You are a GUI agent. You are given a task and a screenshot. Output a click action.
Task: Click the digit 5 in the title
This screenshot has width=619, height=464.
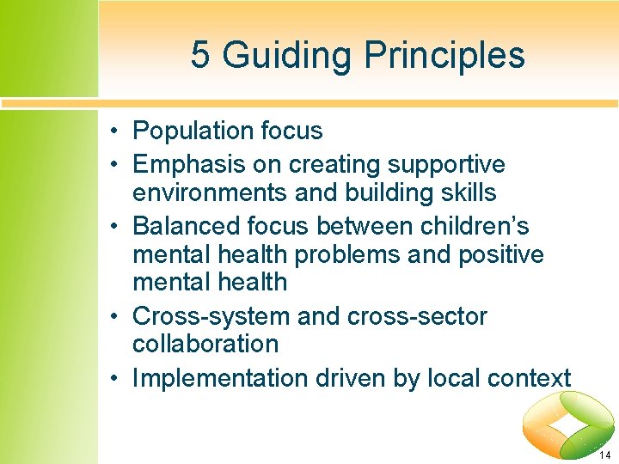(x=199, y=55)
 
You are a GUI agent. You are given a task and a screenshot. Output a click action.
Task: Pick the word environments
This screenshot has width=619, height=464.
(x=210, y=192)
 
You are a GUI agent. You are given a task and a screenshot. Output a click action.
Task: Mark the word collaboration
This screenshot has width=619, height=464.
(x=205, y=344)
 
